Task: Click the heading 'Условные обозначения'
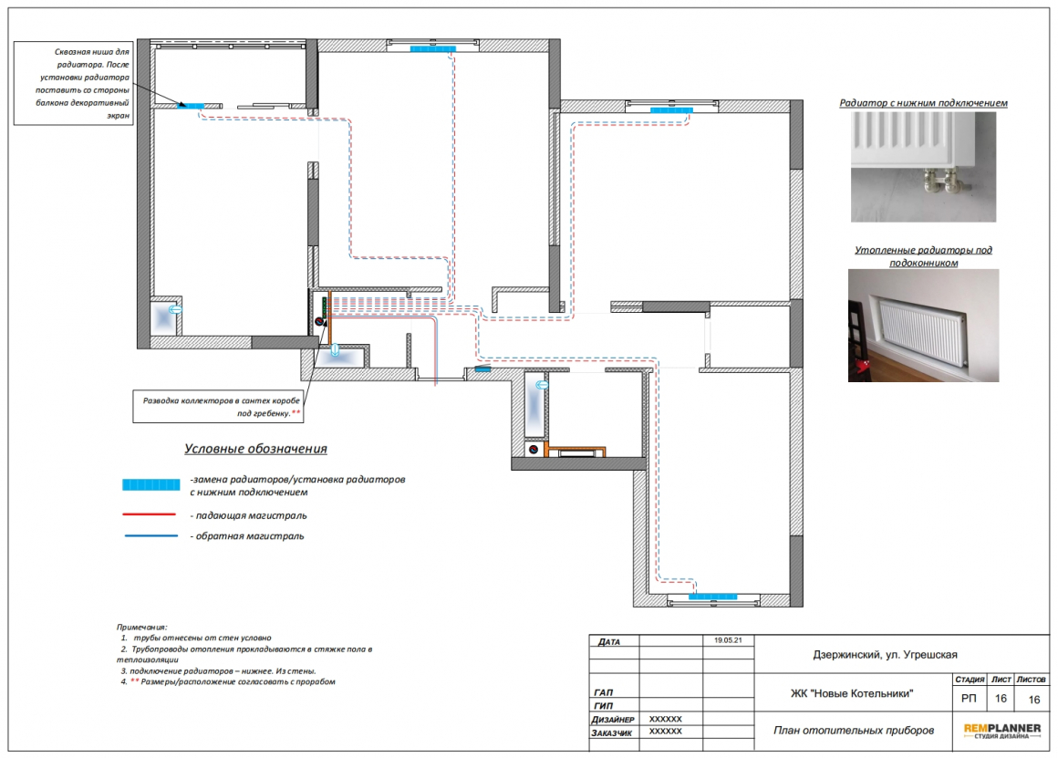click(x=255, y=449)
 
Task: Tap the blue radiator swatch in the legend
click(x=151, y=484)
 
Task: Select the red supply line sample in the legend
click(x=149, y=514)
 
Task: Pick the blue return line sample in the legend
click(x=151, y=536)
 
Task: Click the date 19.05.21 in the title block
click(x=728, y=640)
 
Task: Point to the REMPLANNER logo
click(x=1002, y=731)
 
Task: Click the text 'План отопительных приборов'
click(x=854, y=730)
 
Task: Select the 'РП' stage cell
click(x=969, y=699)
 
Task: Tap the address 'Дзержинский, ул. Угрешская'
click(x=885, y=655)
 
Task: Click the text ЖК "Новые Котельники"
click(x=852, y=693)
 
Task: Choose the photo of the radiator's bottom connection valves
click(x=923, y=167)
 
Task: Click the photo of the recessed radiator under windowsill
click(x=923, y=326)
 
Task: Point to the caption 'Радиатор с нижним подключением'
click(x=923, y=102)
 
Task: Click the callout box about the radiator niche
click(x=74, y=83)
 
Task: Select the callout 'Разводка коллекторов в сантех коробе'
click(x=218, y=406)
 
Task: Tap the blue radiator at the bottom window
click(x=712, y=597)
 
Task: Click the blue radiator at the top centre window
click(x=432, y=48)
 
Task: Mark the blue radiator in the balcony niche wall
click(x=191, y=106)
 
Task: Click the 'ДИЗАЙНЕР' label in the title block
click(x=613, y=720)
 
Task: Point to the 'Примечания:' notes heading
click(x=141, y=627)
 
